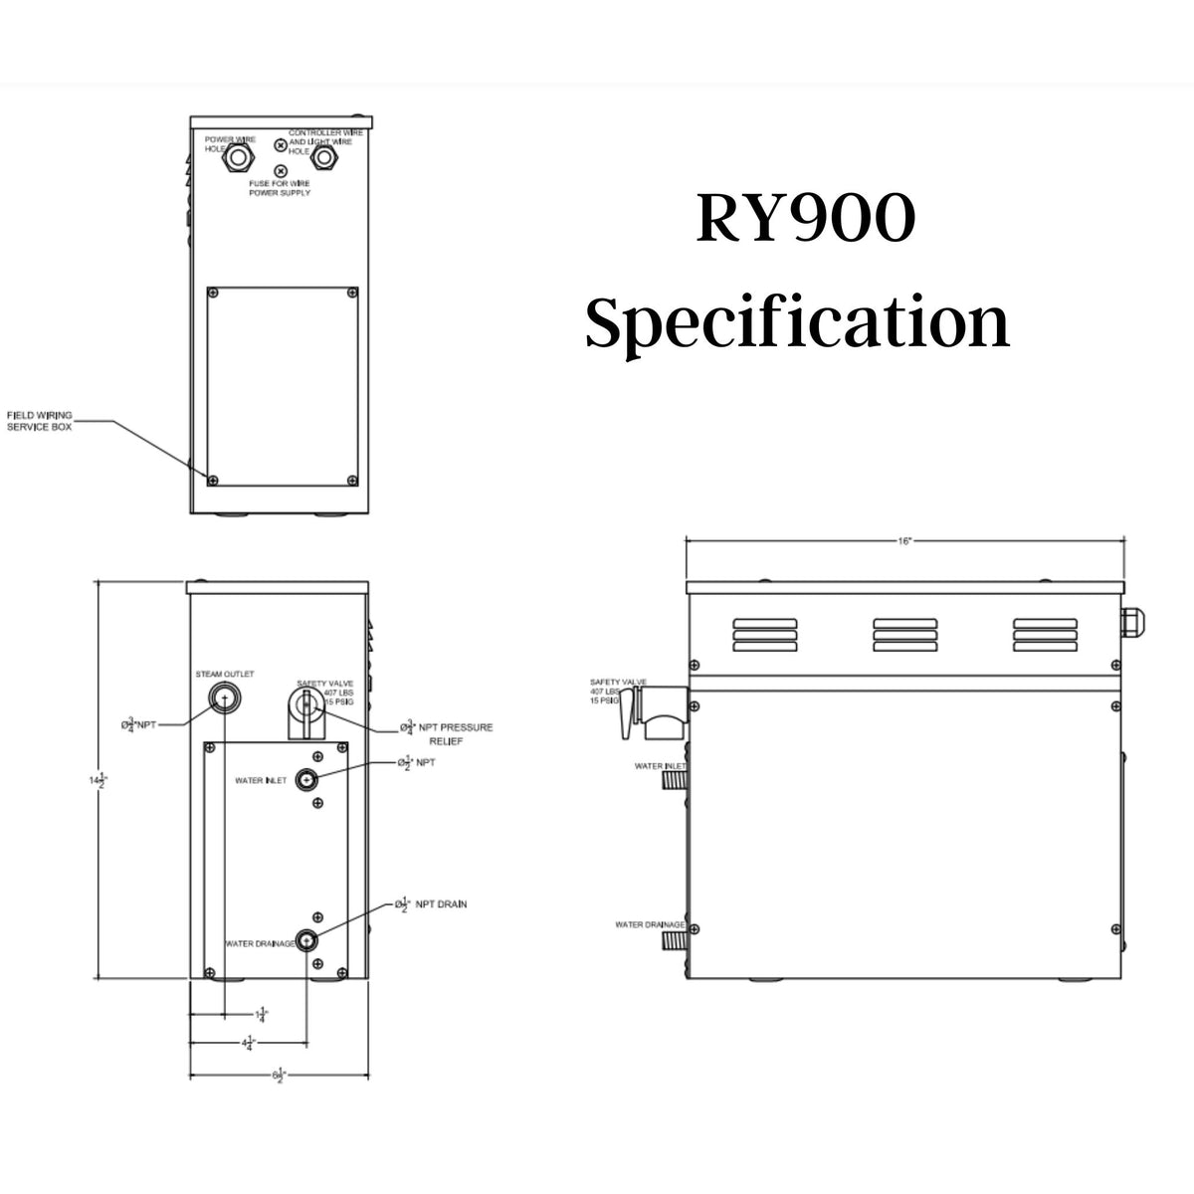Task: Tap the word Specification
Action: pyautogui.click(x=797, y=323)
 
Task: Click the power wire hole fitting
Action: pyautogui.click(x=239, y=156)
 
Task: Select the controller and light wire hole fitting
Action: pyautogui.click(x=321, y=156)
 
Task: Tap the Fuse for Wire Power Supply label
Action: pyautogui.click(x=280, y=187)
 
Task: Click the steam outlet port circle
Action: pyautogui.click(x=225, y=699)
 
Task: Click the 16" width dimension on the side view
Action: pyautogui.click(x=903, y=541)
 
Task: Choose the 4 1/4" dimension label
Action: pyautogui.click(x=246, y=1044)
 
